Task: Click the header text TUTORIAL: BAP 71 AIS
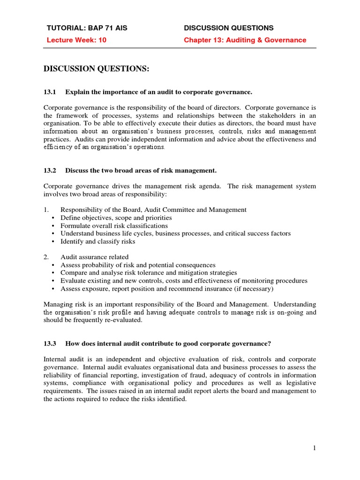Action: pyautogui.click(x=87, y=28)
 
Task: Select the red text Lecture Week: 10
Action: pyautogui.click(x=76, y=40)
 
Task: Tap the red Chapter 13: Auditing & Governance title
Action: pyautogui.click(x=245, y=40)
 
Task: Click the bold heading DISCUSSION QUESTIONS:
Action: pyautogui.click(x=96, y=69)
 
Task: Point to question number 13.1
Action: pyautogui.click(x=50, y=91)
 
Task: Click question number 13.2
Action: pyautogui.click(x=50, y=170)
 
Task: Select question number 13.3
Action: pyautogui.click(x=50, y=344)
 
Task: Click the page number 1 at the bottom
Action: pyautogui.click(x=315, y=448)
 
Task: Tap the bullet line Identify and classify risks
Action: pyautogui.click(x=97, y=241)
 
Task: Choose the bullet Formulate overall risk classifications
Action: pyautogui.click(x=114, y=225)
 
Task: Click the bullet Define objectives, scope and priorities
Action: pyautogui.click(x=116, y=217)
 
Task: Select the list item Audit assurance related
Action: pyautogui.click(x=94, y=257)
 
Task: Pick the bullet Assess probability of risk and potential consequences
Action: pyautogui.click(x=138, y=265)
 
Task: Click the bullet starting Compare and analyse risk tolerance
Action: pyautogui.click(x=149, y=273)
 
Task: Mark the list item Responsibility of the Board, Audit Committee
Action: pyautogui.click(x=153, y=210)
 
